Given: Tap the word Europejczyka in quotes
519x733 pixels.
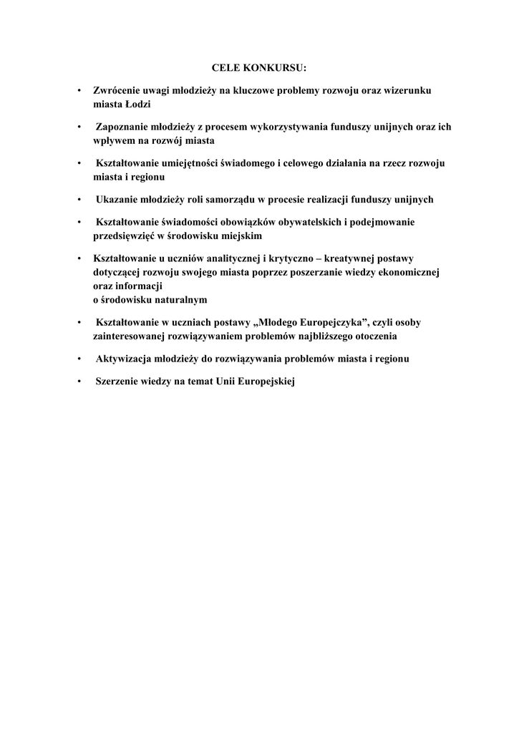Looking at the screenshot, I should click(x=329, y=322).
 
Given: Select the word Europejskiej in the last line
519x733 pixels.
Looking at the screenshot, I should click(x=266, y=382).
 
